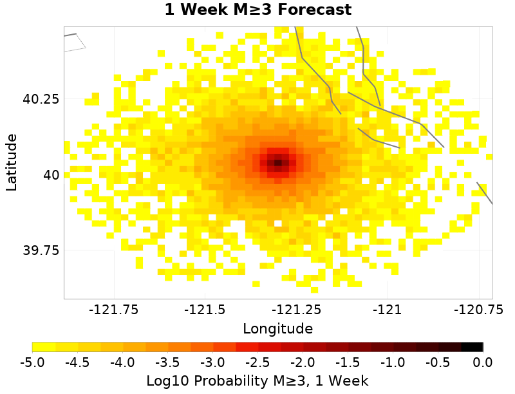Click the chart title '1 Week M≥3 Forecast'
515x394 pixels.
point(257,10)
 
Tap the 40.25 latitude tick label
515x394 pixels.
point(41,100)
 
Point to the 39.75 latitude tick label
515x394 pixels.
point(41,250)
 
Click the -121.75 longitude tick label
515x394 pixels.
point(115,310)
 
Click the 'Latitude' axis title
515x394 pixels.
point(12,162)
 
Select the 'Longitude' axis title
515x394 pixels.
point(278,329)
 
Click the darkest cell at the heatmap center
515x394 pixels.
point(277,163)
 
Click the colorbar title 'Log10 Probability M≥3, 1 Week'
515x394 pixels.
point(257,381)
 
